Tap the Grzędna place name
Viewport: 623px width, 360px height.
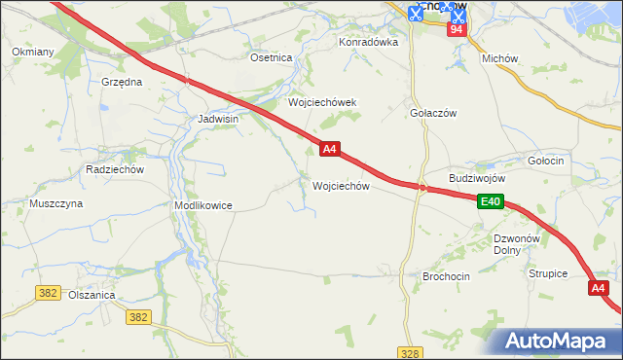[x=122, y=83]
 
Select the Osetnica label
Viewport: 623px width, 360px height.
[x=272, y=58]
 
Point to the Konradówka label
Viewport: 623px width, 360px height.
[x=369, y=43]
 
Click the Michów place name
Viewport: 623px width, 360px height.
[x=499, y=58]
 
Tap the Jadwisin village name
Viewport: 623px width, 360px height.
[x=218, y=119]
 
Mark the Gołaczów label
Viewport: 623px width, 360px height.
[x=433, y=114]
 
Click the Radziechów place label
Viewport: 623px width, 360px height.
[x=115, y=168]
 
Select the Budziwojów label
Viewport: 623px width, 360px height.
[x=477, y=179]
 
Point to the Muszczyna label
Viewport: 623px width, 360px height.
[x=55, y=204]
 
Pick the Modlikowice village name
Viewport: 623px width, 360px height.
[x=202, y=206]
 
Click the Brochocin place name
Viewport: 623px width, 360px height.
[x=446, y=276]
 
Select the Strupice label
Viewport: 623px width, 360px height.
[x=548, y=274]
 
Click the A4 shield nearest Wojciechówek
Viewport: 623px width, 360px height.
[x=330, y=149]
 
